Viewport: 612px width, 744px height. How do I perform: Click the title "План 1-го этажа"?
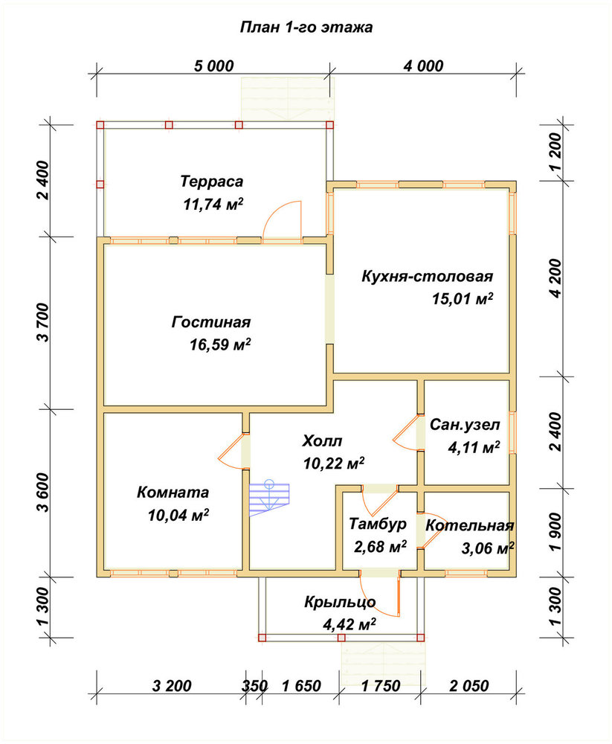click(306, 27)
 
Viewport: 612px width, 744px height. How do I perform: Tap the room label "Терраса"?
click(212, 182)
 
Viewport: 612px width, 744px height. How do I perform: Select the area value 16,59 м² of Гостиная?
click(220, 344)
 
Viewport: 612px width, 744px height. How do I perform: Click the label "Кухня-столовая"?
click(427, 276)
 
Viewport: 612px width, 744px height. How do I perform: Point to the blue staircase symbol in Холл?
click(269, 498)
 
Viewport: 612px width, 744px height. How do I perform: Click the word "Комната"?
click(173, 492)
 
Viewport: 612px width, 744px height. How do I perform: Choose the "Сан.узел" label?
click(465, 425)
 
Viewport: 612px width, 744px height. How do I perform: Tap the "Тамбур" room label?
click(378, 524)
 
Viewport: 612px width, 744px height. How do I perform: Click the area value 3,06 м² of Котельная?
click(488, 548)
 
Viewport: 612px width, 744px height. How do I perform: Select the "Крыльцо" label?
click(340, 602)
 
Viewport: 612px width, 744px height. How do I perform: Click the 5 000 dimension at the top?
click(214, 66)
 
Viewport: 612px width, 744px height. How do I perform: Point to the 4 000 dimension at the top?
click(423, 66)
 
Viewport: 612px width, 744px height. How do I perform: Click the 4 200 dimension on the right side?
click(555, 278)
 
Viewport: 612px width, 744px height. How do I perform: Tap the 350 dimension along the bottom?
click(255, 686)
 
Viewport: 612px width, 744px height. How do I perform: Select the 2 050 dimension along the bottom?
click(468, 686)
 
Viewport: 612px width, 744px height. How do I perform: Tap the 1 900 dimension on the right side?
click(555, 532)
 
